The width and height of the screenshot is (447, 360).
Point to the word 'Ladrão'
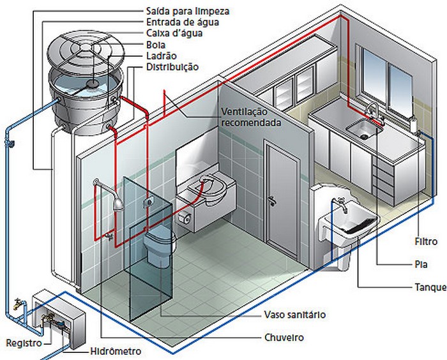coord(162,56)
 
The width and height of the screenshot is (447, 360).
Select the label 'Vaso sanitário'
coord(294,315)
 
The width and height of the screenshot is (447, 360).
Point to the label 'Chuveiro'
coord(284,336)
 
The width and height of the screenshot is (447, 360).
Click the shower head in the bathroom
coord(118,203)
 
